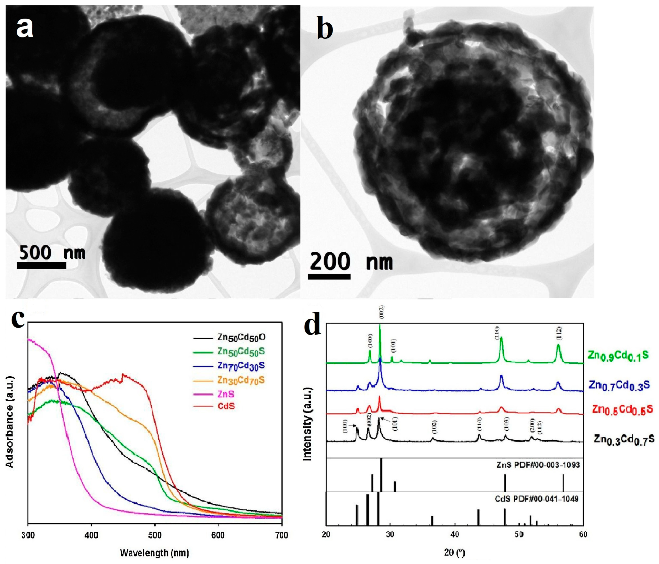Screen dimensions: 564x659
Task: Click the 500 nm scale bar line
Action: (41, 265)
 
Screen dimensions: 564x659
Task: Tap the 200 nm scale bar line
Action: (329, 276)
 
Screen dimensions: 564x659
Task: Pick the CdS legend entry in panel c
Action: (226, 406)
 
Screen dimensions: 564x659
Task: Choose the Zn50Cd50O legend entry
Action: (241, 337)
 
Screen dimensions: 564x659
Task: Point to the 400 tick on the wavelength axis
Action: (91, 535)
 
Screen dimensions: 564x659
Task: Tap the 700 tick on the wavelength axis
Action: (281, 535)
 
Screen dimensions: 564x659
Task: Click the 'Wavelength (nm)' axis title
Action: (155, 553)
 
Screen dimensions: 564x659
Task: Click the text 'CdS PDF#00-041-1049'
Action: (537, 499)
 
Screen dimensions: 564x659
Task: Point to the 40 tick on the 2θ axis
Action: (455, 534)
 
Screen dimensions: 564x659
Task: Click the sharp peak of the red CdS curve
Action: (123, 375)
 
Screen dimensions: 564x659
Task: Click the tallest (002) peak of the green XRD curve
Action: (380, 325)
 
